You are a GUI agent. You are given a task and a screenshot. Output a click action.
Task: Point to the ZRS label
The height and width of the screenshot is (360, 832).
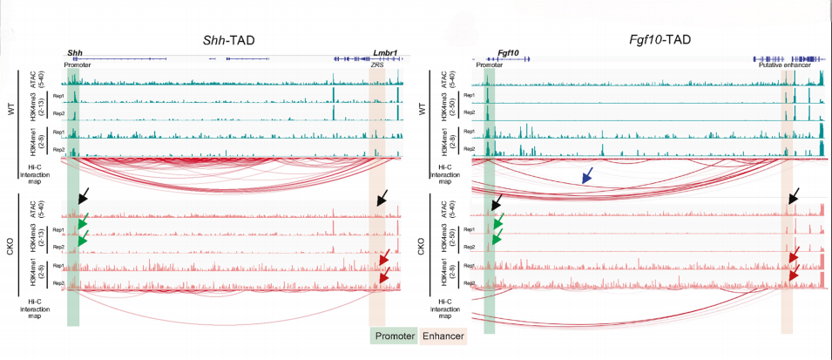[376, 64]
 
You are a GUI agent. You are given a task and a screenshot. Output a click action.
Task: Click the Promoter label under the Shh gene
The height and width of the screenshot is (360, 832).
[78, 64]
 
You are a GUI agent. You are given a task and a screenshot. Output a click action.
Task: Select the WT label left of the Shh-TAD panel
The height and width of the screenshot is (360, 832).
[10, 112]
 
